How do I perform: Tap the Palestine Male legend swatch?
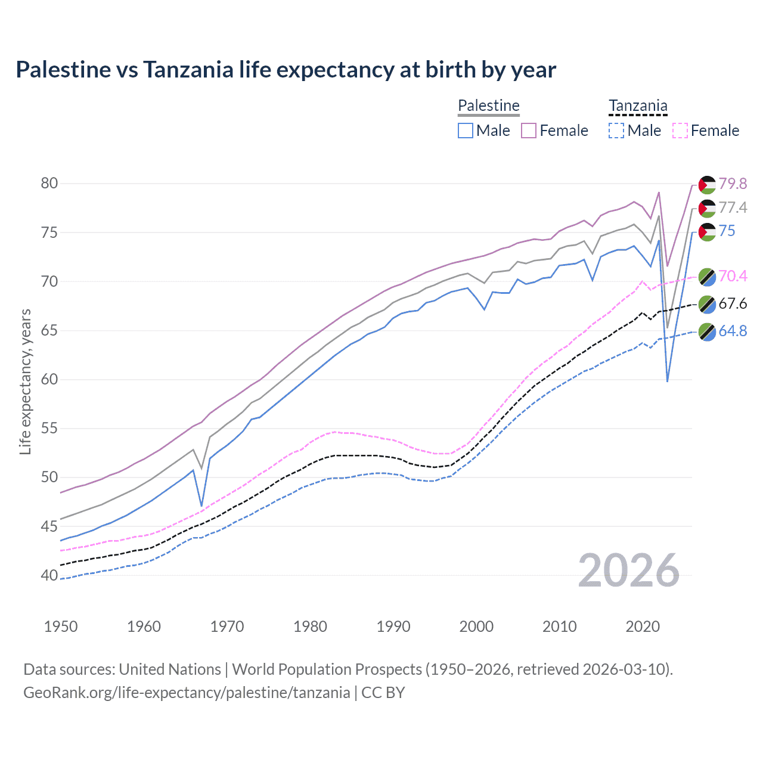pyautogui.click(x=466, y=131)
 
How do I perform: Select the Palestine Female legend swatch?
pyautogui.click(x=529, y=131)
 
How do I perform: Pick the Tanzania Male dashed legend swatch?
pyautogui.click(x=616, y=131)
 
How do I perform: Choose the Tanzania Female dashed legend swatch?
pyautogui.click(x=680, y=131)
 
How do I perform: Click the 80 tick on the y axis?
pyautogui.click(x=49, y=183)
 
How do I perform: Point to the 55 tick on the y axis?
pyautogui.click(x=49, y=428)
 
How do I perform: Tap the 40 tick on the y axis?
pyautogui.click(x=49, y=575)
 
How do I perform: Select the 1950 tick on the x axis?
pyautogui.click(x=61, y=626)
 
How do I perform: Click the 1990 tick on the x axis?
pyautogui.click(x=393, y=626)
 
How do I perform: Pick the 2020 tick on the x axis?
pyautogui.click(x=643, y=626)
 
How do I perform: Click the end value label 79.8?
pyautogui.click(x=733, y=184)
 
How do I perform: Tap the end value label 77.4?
pyautogui.click(x=733, y=207)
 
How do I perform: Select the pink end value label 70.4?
pyautogui.click(x=733, y=276)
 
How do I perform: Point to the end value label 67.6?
pyautogui.click(x=733, y=304)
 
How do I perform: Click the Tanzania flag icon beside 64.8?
pyautogui.click(x=707, y=331)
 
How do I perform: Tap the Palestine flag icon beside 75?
pyautogui.click(x=707, y=231)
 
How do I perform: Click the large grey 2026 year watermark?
pyautogui.click(x=629, y=570)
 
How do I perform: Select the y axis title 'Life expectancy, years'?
pyautogui.click(x=26, y=381)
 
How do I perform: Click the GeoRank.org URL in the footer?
pyautogui.click(x=187, y=693)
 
